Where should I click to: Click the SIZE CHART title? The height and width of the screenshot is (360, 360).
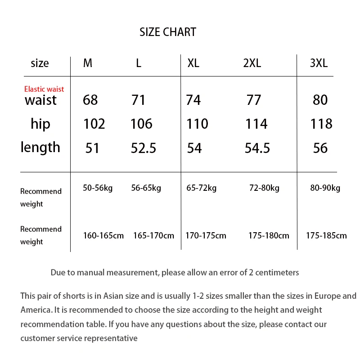(x=168, y=32)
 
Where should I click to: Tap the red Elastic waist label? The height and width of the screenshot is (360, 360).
(x=44, y=89)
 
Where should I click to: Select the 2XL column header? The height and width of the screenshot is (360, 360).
(x=252, y=63)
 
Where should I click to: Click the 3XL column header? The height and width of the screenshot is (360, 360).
(x=319, y=63)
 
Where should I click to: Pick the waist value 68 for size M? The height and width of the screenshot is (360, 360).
(x=90, y=100)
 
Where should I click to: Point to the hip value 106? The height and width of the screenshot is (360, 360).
(x=141, y=124)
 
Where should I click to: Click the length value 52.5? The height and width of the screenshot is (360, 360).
(x=144, y=148)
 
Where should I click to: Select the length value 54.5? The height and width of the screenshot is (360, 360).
(x=257, y=148)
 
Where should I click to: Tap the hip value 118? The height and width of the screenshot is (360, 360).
(x=321, y=124)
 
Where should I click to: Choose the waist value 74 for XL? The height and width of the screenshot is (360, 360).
(x=193, y=100)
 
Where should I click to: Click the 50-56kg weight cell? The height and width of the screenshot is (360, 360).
(x=98, y=188)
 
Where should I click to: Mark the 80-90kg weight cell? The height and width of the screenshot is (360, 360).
(x=325, y=188)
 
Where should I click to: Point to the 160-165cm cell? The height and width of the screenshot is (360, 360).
(x=103, y=235)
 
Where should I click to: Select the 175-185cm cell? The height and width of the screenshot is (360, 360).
(x=326, y=235)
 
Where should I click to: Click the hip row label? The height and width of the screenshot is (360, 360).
(x=40, y=124)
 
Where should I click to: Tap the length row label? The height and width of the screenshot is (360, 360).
(x=40, y=147)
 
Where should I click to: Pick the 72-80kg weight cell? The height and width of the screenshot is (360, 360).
(x=264, y=188)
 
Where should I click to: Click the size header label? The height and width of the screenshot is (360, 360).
(x=40, y=63)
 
